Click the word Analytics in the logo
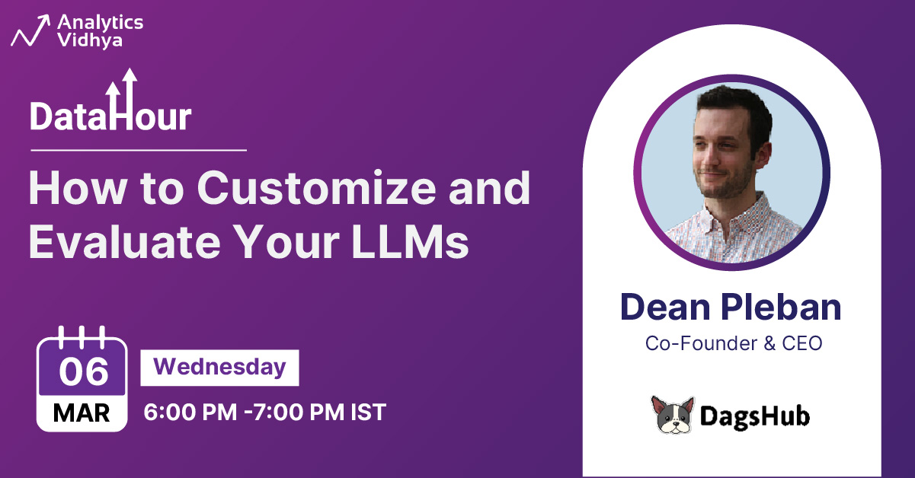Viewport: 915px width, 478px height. click(100, 23)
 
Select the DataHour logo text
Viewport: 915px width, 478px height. click(110, 116)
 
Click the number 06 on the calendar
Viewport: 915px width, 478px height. click(82, 371)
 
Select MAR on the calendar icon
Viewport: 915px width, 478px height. click(82, 413)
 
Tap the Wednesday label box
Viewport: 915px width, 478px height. click(219, 368)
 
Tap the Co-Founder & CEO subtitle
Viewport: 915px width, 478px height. click(734, 343)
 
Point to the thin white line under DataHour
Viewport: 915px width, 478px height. click(138, 150)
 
